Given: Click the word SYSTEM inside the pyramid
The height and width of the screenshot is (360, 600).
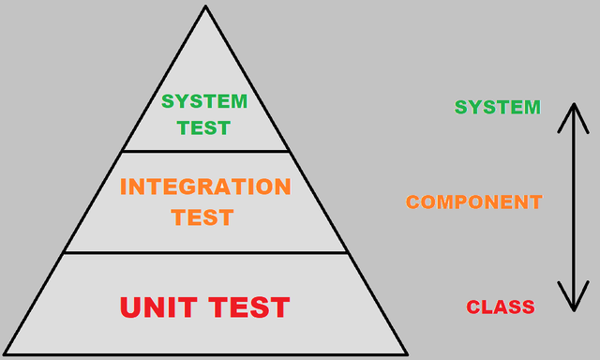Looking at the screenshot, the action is [204, 101].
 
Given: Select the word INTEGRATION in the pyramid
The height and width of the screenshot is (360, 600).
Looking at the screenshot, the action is [205, 186].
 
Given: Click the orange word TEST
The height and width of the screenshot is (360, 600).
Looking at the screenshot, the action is [202, 217].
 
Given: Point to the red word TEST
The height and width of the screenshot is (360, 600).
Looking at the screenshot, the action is [248, 307].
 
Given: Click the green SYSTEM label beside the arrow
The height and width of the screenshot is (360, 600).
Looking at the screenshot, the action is [498, 107].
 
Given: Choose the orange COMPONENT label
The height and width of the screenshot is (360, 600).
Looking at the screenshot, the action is [473, 202].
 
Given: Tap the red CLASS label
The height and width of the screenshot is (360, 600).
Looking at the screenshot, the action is [501, 307].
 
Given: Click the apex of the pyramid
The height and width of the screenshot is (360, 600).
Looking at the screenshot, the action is [205, 7].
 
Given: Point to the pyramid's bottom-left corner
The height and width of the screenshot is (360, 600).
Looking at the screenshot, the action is [5, 354].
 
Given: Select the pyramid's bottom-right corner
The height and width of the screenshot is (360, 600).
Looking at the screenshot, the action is [407, 354].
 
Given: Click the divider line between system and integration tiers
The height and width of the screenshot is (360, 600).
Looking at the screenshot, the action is [205, 151].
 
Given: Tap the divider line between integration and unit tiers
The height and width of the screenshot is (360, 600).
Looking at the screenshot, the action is [205, 252].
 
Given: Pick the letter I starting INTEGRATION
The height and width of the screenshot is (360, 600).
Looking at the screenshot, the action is [125, 186].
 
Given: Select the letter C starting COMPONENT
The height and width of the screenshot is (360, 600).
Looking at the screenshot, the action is [412, 202].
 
